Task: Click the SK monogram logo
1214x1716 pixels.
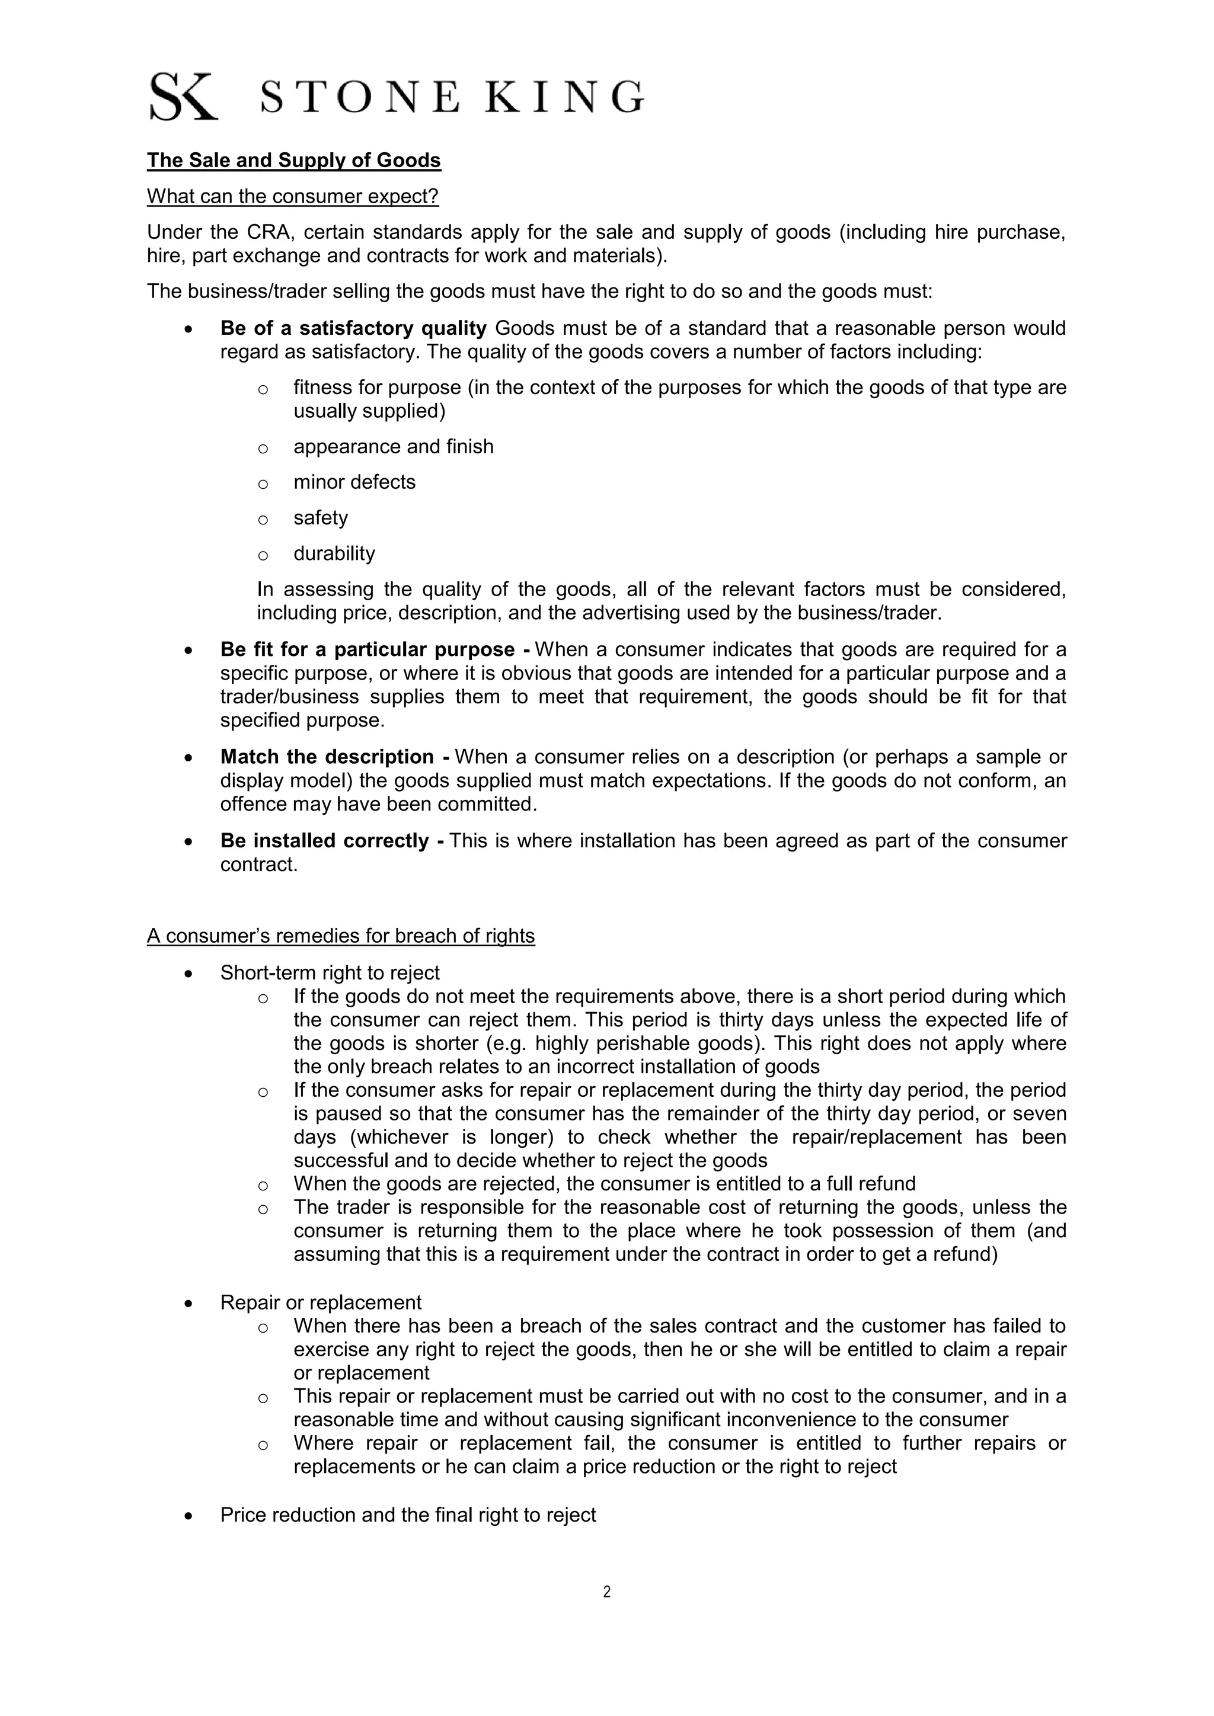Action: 183,97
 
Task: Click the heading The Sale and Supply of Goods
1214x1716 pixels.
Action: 294,161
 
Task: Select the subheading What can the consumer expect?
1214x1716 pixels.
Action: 292,197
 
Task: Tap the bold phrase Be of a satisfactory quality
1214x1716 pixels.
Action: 353,328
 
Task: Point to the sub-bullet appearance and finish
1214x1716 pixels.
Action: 393,447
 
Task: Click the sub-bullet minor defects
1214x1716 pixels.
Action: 354,482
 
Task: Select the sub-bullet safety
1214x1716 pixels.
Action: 321,518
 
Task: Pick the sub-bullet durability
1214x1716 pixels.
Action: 334,554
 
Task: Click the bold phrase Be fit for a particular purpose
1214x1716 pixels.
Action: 367,649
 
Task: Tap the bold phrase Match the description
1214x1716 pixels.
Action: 327,757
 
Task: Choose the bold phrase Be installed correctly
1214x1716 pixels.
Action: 324,841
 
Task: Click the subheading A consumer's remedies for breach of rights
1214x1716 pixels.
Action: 341,936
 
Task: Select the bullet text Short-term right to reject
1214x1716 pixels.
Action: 330,973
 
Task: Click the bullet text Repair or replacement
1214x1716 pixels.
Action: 321,1302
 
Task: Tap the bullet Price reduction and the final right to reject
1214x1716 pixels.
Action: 408,1515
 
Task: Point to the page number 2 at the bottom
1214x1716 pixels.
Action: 606,1592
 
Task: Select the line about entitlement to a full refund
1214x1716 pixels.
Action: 604,1184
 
